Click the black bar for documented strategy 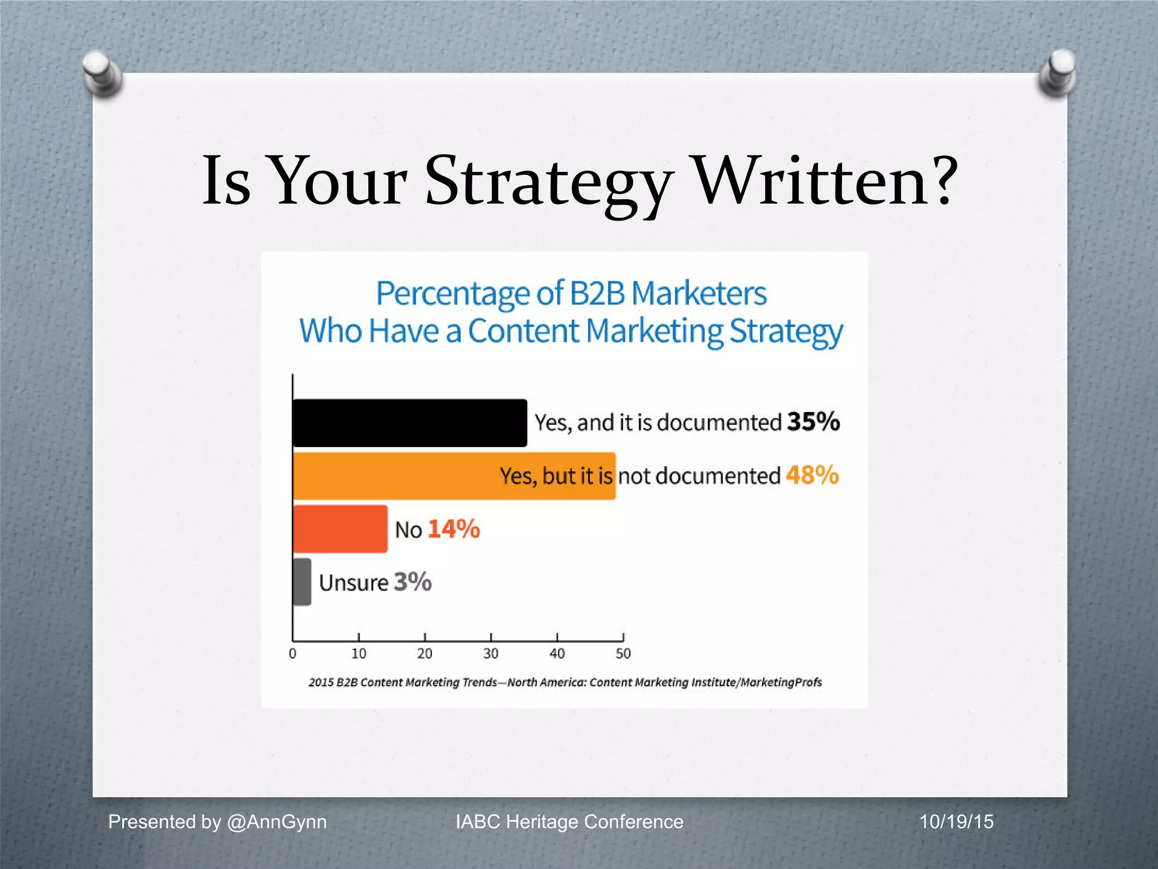coord(409,423)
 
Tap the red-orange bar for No coord(340,529)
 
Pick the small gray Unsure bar coord(302,582)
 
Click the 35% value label coord(813,422)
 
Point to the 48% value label coord(812,475)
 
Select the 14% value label coord(454,530)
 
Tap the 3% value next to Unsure coord(413,582)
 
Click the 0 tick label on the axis coord(292,654)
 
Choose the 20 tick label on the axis coord(425,654)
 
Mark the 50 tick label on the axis coord(623,654)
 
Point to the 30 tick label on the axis coord(491,654)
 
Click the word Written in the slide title coord(826,181)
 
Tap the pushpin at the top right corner coord(1058,72)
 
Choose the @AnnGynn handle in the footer coord(276,821)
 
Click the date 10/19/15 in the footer coord(956,821)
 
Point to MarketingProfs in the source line coord(781,682)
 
